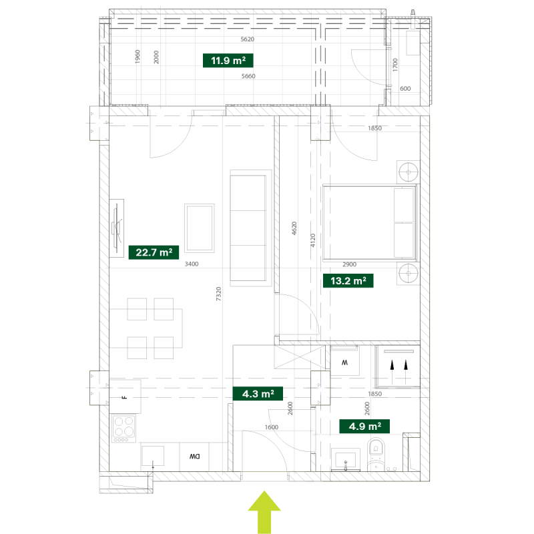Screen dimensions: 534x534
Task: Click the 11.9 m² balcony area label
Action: pyautogui.click(x=228, y=61)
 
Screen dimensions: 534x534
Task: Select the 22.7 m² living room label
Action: pyautogui.click(x=154, y=252)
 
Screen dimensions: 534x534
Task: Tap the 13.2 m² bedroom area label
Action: pyautogui.click(x=348, y=280)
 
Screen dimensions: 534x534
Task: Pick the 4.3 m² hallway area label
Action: pyautogui.click(x=258, y=394)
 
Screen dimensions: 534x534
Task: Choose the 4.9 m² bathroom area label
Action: pyautogui.click(x=364, y=426)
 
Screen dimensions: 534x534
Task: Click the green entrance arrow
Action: pyautogui.click(x=264, y=512)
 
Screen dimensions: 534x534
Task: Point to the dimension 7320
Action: pyautogui.click(x=219, y=294)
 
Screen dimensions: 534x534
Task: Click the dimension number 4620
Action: pyautogui.click(x=294, y=228)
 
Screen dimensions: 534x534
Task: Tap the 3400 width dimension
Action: pyautogui.click(x=192, y=264)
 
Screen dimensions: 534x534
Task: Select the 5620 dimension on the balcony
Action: pyautogui.click(x=247, y=39)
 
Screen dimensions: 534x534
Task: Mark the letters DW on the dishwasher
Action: pyautogui.click(x=194, y=457)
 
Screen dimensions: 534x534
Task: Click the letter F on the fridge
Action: pyautogui.click(x=125, y=397)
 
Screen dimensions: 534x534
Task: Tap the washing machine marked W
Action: pyautogui.click(x=344, y=360)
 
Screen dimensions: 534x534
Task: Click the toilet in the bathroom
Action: pyautogui.click(x=376, y=455)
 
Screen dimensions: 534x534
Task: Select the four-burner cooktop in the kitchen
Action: pyautogui.click(x=123, y=429)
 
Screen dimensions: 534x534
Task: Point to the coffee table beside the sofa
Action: pyautogui.click(x=199, y=228)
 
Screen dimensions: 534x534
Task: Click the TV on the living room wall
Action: pyautogui.click(x=117, y=228)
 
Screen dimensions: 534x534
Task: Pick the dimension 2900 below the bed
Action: pyautogui.click(x=349, y=264)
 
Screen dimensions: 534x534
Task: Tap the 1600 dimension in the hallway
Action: pyautogui.click(x=272, y=427)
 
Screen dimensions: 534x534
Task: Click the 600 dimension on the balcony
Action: pyautogui.click(x=405, y=89)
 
